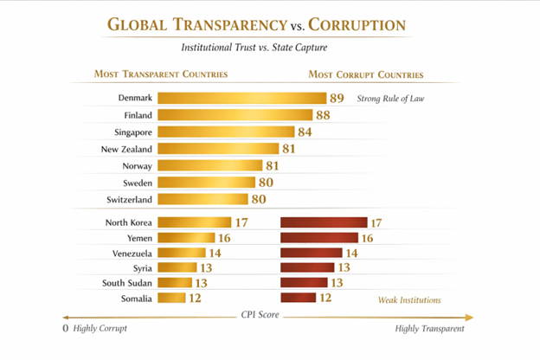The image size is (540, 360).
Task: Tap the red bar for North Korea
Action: coord(324,222)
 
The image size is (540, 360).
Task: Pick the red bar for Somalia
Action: coord(299,299)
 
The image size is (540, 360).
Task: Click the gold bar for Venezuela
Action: coord(183,253)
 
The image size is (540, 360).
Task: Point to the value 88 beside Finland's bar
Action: coord(325,115)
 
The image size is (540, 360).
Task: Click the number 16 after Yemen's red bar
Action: coord(366,238)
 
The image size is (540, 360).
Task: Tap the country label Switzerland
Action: coord(128,199)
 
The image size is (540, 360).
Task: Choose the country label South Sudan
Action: coord(127,283)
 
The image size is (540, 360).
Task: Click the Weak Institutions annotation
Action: coord(409,300)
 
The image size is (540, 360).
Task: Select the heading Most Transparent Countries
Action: coord(161,74)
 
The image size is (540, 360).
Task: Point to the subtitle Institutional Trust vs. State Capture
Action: coord(268,48)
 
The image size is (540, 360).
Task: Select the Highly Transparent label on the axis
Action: coord(429,330)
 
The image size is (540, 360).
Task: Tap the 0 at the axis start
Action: coord(66,330)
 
